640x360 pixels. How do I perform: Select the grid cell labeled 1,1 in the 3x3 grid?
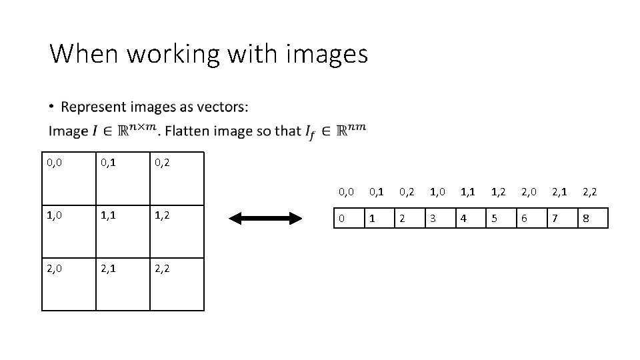click(123, 230)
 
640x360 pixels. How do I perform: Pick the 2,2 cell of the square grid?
click(177, 284)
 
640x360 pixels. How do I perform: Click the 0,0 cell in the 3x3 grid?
click(69, 177)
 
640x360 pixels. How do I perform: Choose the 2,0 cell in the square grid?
click(69, 284)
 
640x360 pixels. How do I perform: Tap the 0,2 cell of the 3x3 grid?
click(177, 177)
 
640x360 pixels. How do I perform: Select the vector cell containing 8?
click(593, 218)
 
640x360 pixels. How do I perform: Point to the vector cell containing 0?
click(349, 218)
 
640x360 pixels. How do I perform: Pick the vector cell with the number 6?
click(531, 218)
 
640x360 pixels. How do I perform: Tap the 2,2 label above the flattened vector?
click(589, 192)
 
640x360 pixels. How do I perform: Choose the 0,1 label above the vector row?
click(377, 192)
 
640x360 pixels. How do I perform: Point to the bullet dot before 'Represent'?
click(52, 107)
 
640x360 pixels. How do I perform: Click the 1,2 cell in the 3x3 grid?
click(177, 230)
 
